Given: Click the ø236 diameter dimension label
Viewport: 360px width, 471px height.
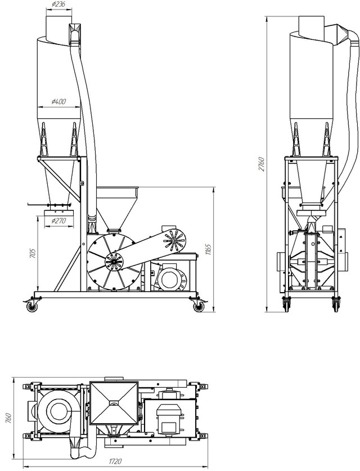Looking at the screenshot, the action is pyautogui.click(x=58, y=4).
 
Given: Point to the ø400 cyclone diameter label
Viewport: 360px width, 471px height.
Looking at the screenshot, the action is pyautogui.click(x=58, y=101).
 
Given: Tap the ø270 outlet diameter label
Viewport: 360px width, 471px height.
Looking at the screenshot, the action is pyautogui.click(x=58, y=221).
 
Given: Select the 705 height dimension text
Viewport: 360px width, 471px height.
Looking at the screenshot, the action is pyautogui.click(x=33, y=253).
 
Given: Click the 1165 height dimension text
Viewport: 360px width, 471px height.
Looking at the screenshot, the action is pyautogui.click(x=209, y=249).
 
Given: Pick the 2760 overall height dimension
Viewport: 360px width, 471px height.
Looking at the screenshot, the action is pyautogui.click(x=262, y=164).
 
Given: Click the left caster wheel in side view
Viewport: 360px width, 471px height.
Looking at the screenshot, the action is pyautogui.click(x=31, y=306).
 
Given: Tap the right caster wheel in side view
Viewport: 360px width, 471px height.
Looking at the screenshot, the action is pyautogui.click(x=198, y=306).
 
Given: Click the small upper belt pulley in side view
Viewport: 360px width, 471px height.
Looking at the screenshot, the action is pyautogui.click(x=174, y=240).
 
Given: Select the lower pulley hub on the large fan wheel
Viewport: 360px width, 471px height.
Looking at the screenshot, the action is pyautogui.click(x=114, y=262).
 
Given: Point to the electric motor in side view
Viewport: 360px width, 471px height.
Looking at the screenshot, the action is pyautogui.click(x=170, y=276).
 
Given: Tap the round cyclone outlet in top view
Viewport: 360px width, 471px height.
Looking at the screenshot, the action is pyautogui.click(x=56, y=410).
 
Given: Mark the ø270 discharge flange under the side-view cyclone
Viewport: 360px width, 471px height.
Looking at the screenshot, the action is pyautogui.click(x=59, y=213).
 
